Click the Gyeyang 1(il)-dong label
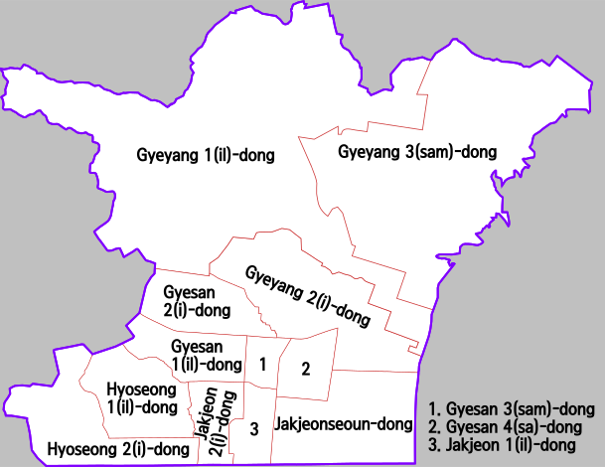point(205,155)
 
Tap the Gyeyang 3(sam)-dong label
point(417,152)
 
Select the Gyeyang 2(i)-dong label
point(308,296)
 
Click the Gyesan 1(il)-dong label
point(203,354)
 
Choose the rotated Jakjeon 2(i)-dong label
point(219,421)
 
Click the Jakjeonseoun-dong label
point(344,424)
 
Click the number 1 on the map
point(262,365)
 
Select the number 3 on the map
point(254,428)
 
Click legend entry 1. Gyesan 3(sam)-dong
point(511,408)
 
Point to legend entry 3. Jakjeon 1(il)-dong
point(502,445)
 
